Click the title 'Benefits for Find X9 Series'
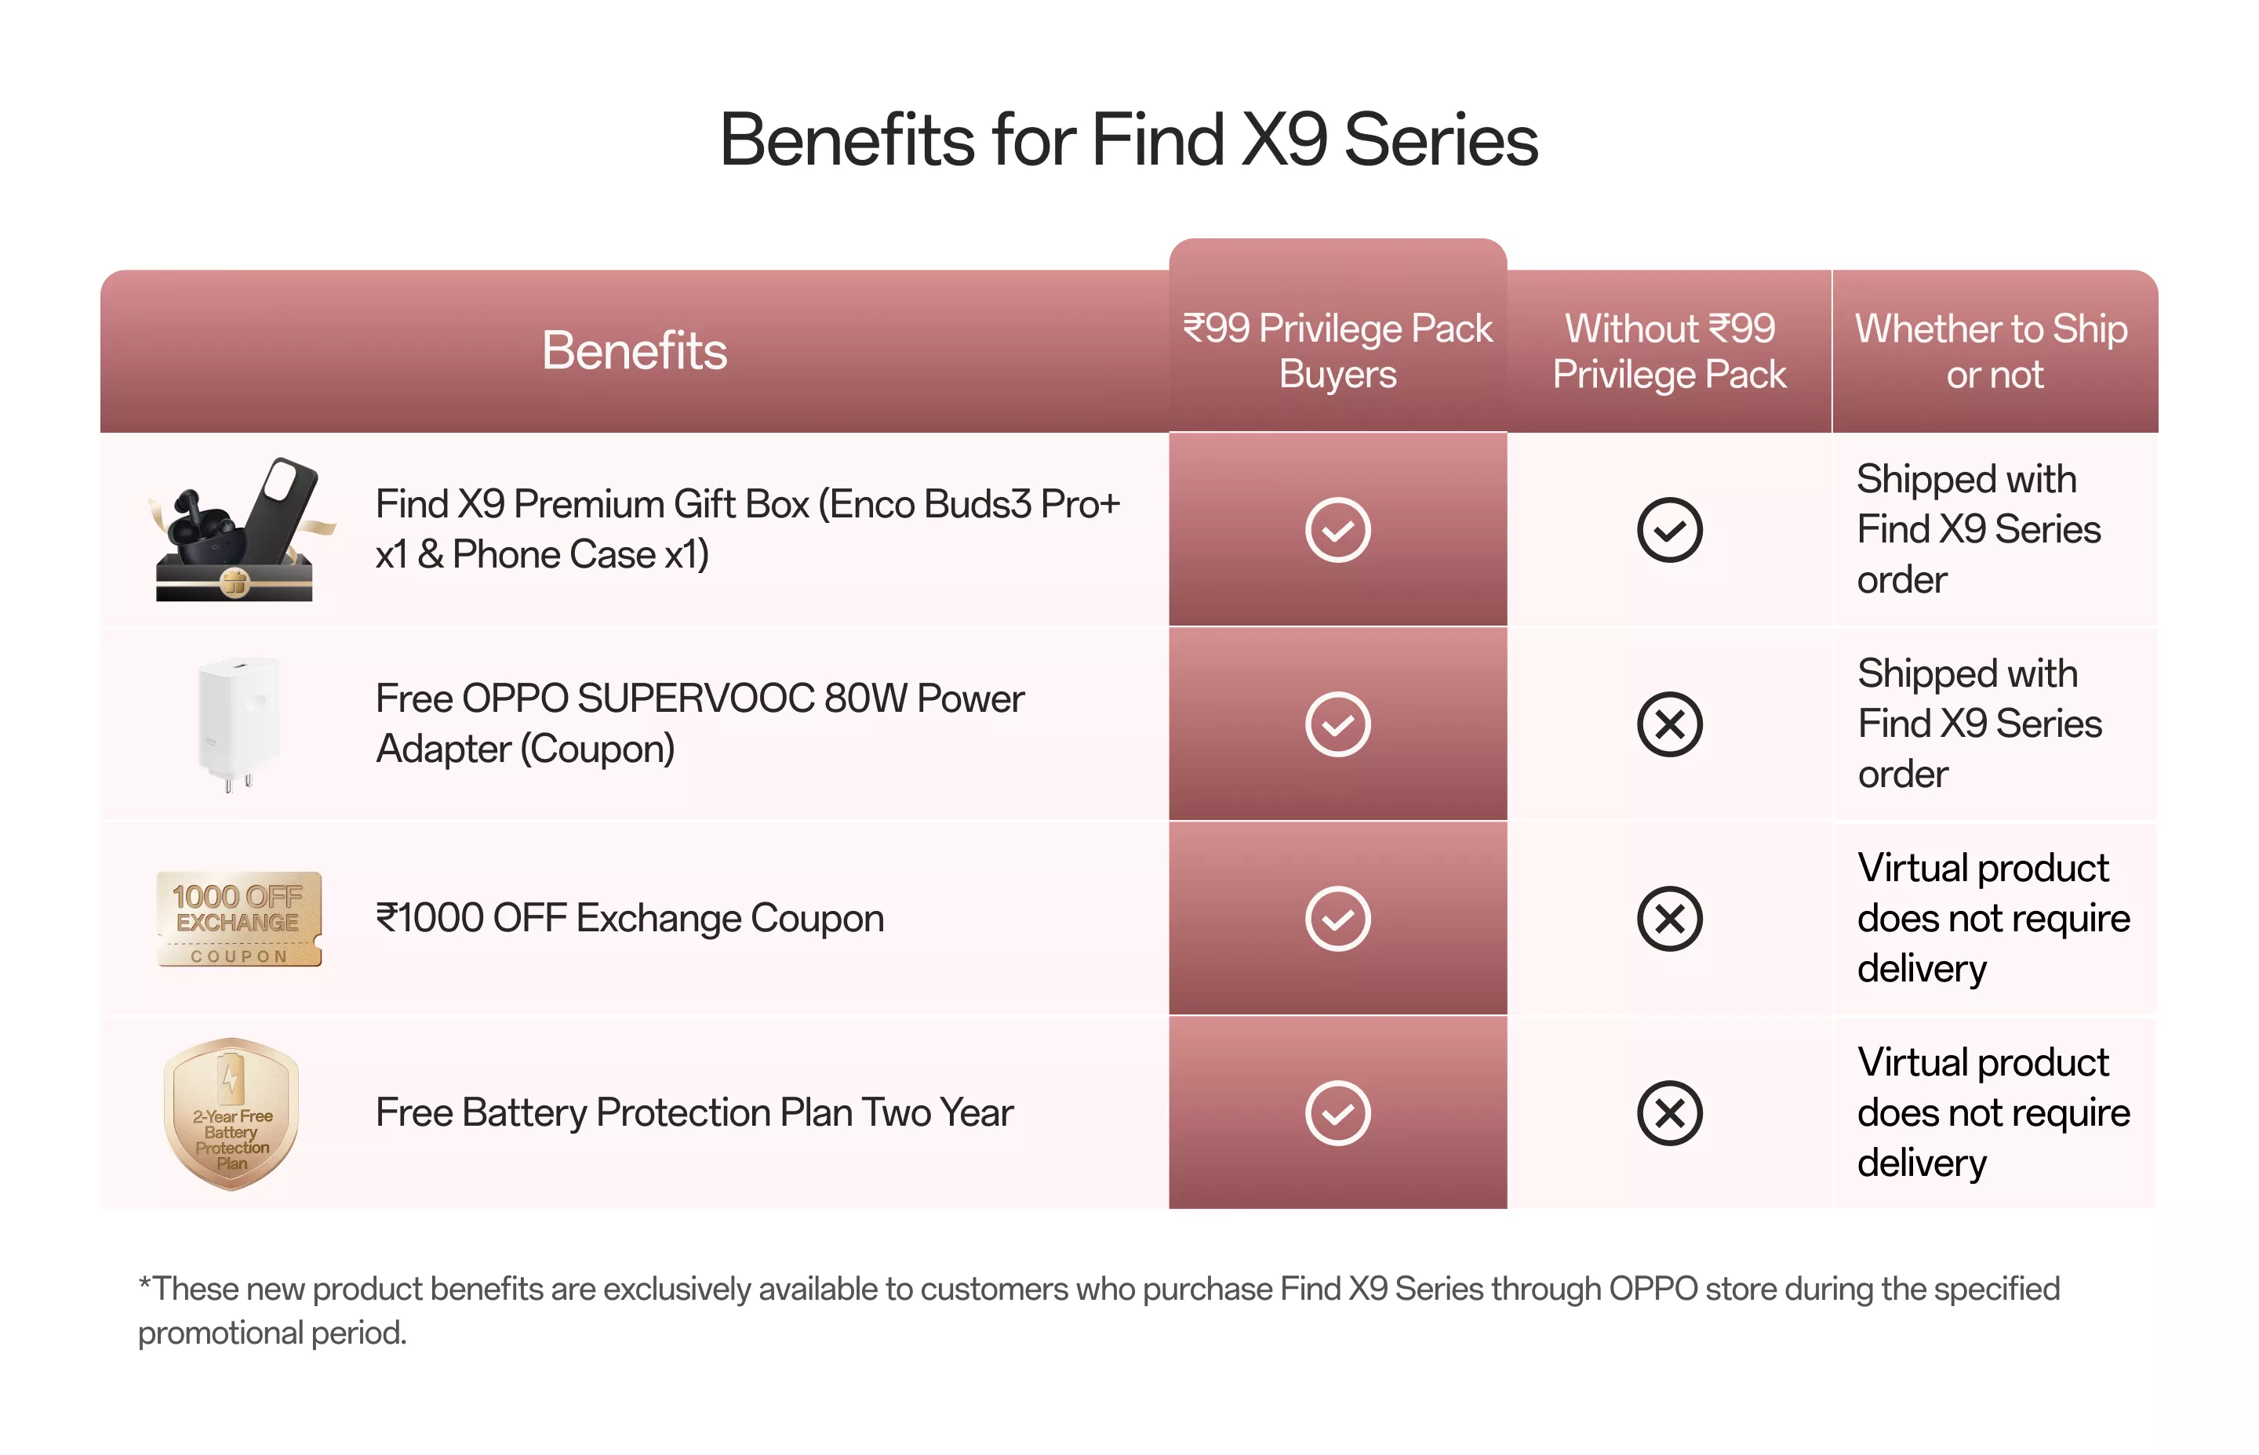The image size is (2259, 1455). coord(1129,140)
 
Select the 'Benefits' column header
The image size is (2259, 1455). coord(635,350)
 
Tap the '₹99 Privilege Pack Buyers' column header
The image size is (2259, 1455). coord(1337,350)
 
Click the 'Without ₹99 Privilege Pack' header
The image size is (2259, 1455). coord(1669,350)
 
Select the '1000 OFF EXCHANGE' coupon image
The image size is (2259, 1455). coord(238,918)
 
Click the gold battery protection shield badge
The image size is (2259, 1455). coord(231,1113)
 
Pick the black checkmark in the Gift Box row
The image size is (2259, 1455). coord(1670,529)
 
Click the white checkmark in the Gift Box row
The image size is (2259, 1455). coord(1337,529)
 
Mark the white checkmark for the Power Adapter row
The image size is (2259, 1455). coord(1337,724)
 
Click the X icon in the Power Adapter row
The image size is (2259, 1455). coord(1670,724)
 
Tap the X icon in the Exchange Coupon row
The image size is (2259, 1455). coord(1670,918)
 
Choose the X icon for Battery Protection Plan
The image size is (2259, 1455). coord(1670,1113)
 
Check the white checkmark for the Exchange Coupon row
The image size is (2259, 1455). coord(1337,918)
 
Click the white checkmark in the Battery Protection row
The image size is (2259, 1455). coord(1337,1113)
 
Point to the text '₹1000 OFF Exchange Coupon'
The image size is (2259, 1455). coord(630,918)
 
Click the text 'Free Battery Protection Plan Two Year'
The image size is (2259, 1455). coord(693,1113)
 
